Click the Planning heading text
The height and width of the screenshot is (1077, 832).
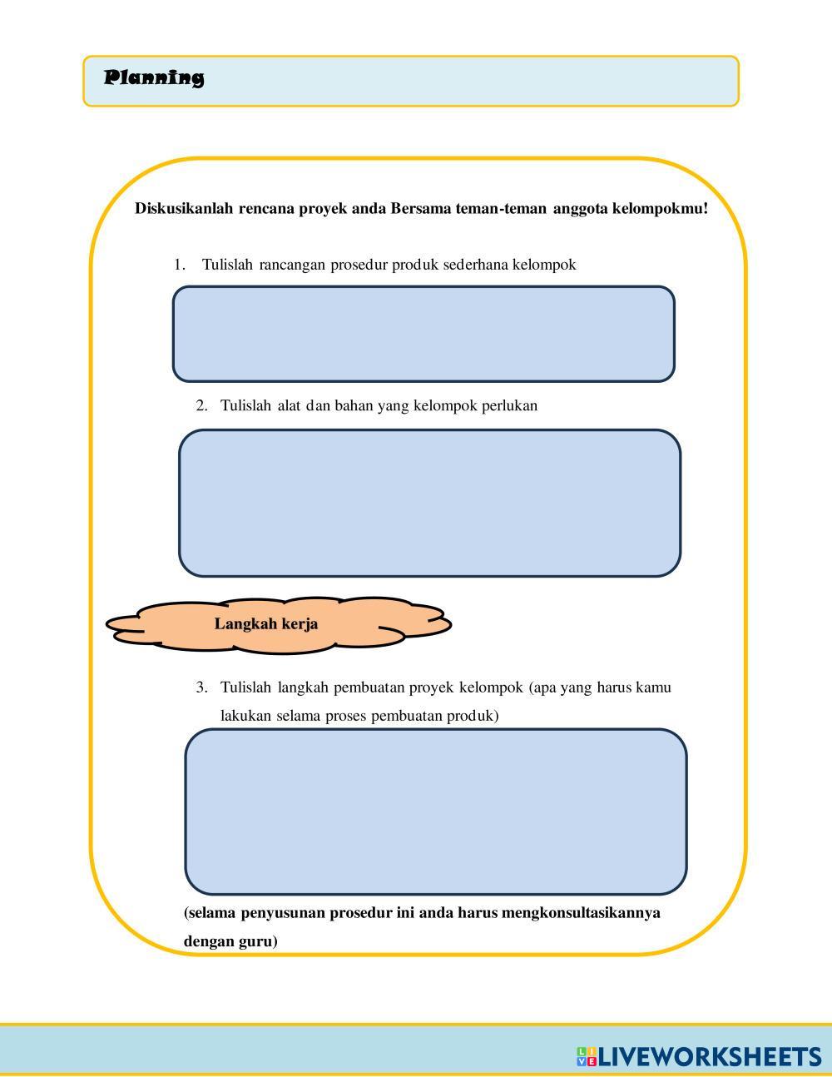coord(154,78)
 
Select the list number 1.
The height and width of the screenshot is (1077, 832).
coord(179,266)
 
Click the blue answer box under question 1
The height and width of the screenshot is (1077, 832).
coord(423,334)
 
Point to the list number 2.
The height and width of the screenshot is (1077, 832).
coord(201,406)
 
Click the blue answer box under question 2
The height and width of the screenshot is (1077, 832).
coord(429,503)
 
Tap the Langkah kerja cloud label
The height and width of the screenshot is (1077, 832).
coord(266,624)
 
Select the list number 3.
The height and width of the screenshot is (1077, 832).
coord(201,687)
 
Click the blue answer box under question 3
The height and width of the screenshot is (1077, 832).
coord(435,811)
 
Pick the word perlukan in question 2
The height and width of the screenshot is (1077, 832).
coord(509,406)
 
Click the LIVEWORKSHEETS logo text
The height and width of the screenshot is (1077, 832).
coord(710,1057)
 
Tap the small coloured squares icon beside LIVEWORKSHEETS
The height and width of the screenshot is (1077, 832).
coord(586,1057)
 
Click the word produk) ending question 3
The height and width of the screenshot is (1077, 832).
coord(472,716)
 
